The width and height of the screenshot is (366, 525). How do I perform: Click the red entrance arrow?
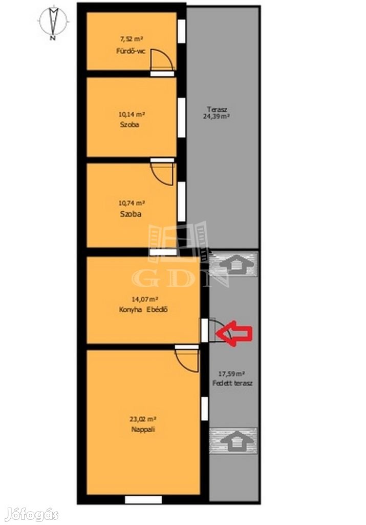point(233,333)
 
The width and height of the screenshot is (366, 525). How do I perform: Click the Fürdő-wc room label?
point(131,52)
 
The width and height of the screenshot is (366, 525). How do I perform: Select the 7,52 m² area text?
point(132,39)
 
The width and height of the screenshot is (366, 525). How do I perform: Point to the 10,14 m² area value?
point(132,114)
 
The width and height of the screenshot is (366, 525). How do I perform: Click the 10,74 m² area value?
point(132,203)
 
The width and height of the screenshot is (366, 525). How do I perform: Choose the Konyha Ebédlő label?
point(143,310)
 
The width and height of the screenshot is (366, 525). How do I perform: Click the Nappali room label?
point(143,430)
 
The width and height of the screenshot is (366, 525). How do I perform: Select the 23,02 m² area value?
point(143,418)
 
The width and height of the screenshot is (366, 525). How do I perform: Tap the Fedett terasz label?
point(232,383)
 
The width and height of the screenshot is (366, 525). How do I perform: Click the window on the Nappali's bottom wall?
point(143,500)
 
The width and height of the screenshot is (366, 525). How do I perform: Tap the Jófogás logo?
point(33,515)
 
